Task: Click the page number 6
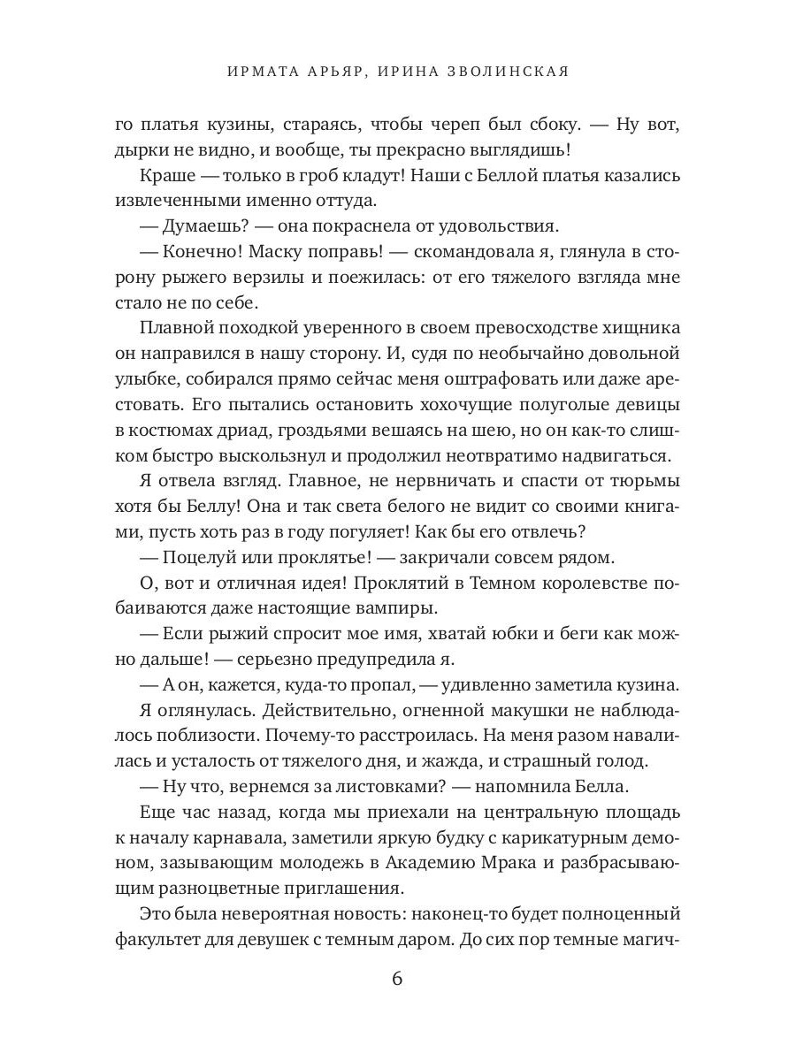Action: (x=397, y=979)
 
